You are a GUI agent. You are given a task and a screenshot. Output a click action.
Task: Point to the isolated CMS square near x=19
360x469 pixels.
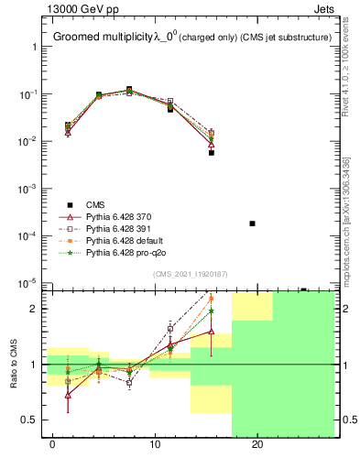point(252,224)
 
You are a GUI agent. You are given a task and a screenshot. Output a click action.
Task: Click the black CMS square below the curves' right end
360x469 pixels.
point(212,153)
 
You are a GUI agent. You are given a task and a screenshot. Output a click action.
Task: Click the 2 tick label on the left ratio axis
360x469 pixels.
point(32,309)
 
